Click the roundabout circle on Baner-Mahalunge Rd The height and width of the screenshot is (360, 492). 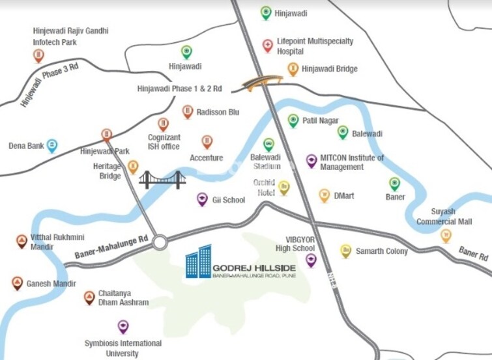click(159, 243)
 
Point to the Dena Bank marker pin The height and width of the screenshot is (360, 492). click(52, 146)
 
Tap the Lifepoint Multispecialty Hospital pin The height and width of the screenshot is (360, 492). click(267, 46)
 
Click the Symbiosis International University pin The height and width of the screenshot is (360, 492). click(123, 326)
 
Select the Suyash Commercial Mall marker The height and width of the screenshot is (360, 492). click(446, 235)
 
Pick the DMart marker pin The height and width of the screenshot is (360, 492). click(324, 195)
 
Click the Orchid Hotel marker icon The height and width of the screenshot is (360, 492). click(284, 188)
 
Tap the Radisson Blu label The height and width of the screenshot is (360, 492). click(218, 112)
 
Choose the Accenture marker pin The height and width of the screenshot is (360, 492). click(207, 142)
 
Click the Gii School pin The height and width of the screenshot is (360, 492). click(202, 199)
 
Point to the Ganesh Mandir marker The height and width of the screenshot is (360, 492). click(18, 283)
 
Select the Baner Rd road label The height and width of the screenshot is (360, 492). click(472, 253)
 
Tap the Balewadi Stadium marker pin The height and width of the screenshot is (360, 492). click(268, 145)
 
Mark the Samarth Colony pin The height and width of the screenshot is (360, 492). click(345, 251)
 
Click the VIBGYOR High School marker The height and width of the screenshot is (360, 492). click(311, 261)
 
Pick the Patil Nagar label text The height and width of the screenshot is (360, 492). click(320, 120)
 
